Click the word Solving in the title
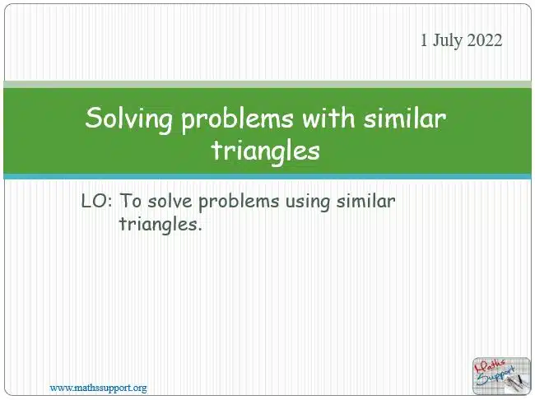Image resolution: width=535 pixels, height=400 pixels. (128, 119)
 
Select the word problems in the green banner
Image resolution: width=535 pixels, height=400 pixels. (237, 120)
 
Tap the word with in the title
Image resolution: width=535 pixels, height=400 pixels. (328, 118)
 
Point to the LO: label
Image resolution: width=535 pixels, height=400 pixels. (96, 201)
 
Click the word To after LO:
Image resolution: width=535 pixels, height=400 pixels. (131, 201)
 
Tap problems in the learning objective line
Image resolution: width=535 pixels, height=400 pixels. (239, 202)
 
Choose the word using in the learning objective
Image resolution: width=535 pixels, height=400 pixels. (308, 202)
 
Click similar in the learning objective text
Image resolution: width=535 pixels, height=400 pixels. (365, 201)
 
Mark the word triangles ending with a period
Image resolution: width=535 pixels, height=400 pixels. (160, 225)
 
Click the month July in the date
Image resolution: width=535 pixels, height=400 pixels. (447, 41)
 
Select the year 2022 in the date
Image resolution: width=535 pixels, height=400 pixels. (485, 40)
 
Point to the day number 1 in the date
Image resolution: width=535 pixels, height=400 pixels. (423, 40)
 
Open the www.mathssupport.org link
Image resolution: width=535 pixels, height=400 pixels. (99, 388)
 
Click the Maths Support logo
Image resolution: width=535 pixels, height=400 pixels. (501, 376)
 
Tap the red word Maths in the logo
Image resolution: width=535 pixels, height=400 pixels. (491, 366)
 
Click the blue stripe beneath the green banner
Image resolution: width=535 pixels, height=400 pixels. (267, 176)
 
